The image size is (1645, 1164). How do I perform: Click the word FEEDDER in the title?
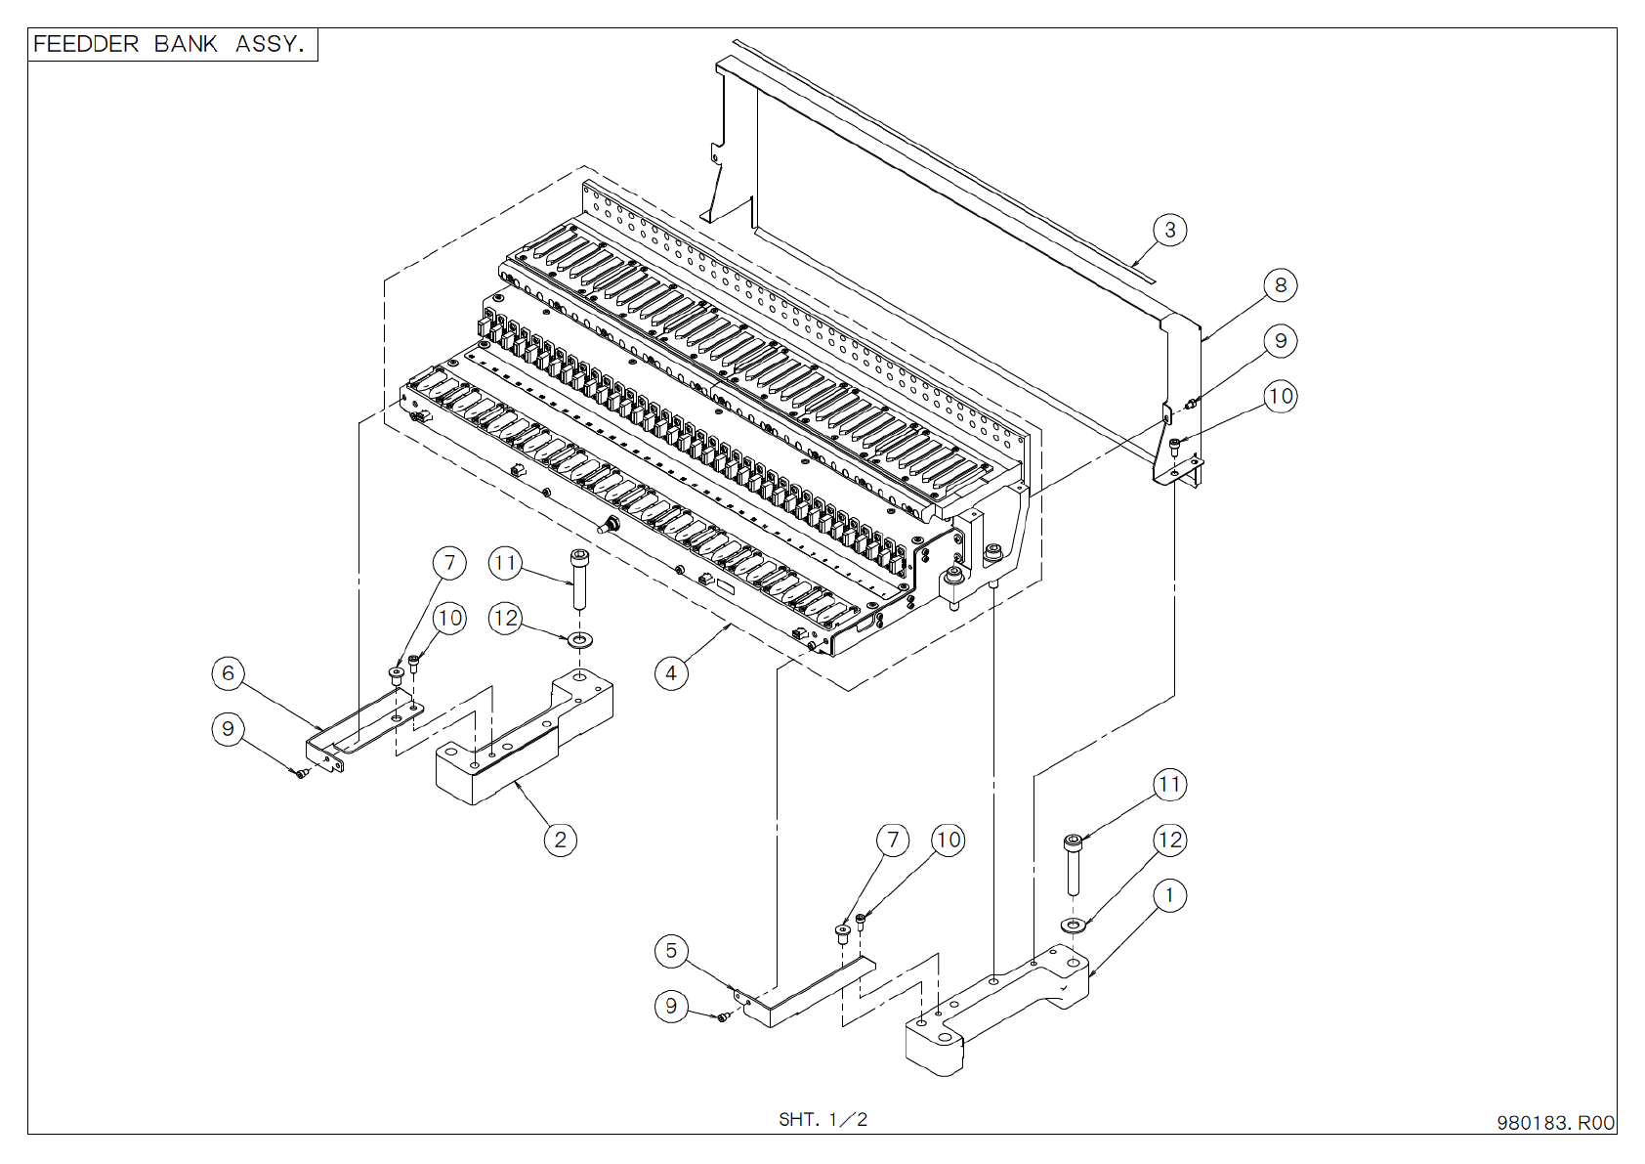86,44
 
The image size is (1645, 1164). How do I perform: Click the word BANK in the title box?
186,44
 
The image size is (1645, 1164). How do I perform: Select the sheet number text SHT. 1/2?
822,1119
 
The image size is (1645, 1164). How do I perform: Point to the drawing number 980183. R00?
1555,1123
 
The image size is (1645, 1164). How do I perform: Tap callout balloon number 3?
1169,231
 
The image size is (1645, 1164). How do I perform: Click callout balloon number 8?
1281,285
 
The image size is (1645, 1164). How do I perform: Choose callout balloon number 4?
671,673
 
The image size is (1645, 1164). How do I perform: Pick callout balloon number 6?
229,673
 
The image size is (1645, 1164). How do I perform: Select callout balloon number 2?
560,840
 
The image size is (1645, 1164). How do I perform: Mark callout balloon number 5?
671,951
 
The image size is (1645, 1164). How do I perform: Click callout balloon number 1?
1169,895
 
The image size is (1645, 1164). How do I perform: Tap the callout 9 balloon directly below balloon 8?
1281,341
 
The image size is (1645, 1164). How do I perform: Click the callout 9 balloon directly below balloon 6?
229,729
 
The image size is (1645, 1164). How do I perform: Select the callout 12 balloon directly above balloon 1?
1169,840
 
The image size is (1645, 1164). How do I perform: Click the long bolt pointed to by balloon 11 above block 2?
580,579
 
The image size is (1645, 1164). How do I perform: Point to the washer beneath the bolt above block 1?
1073,925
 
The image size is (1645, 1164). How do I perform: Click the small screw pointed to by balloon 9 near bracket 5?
724,1017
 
